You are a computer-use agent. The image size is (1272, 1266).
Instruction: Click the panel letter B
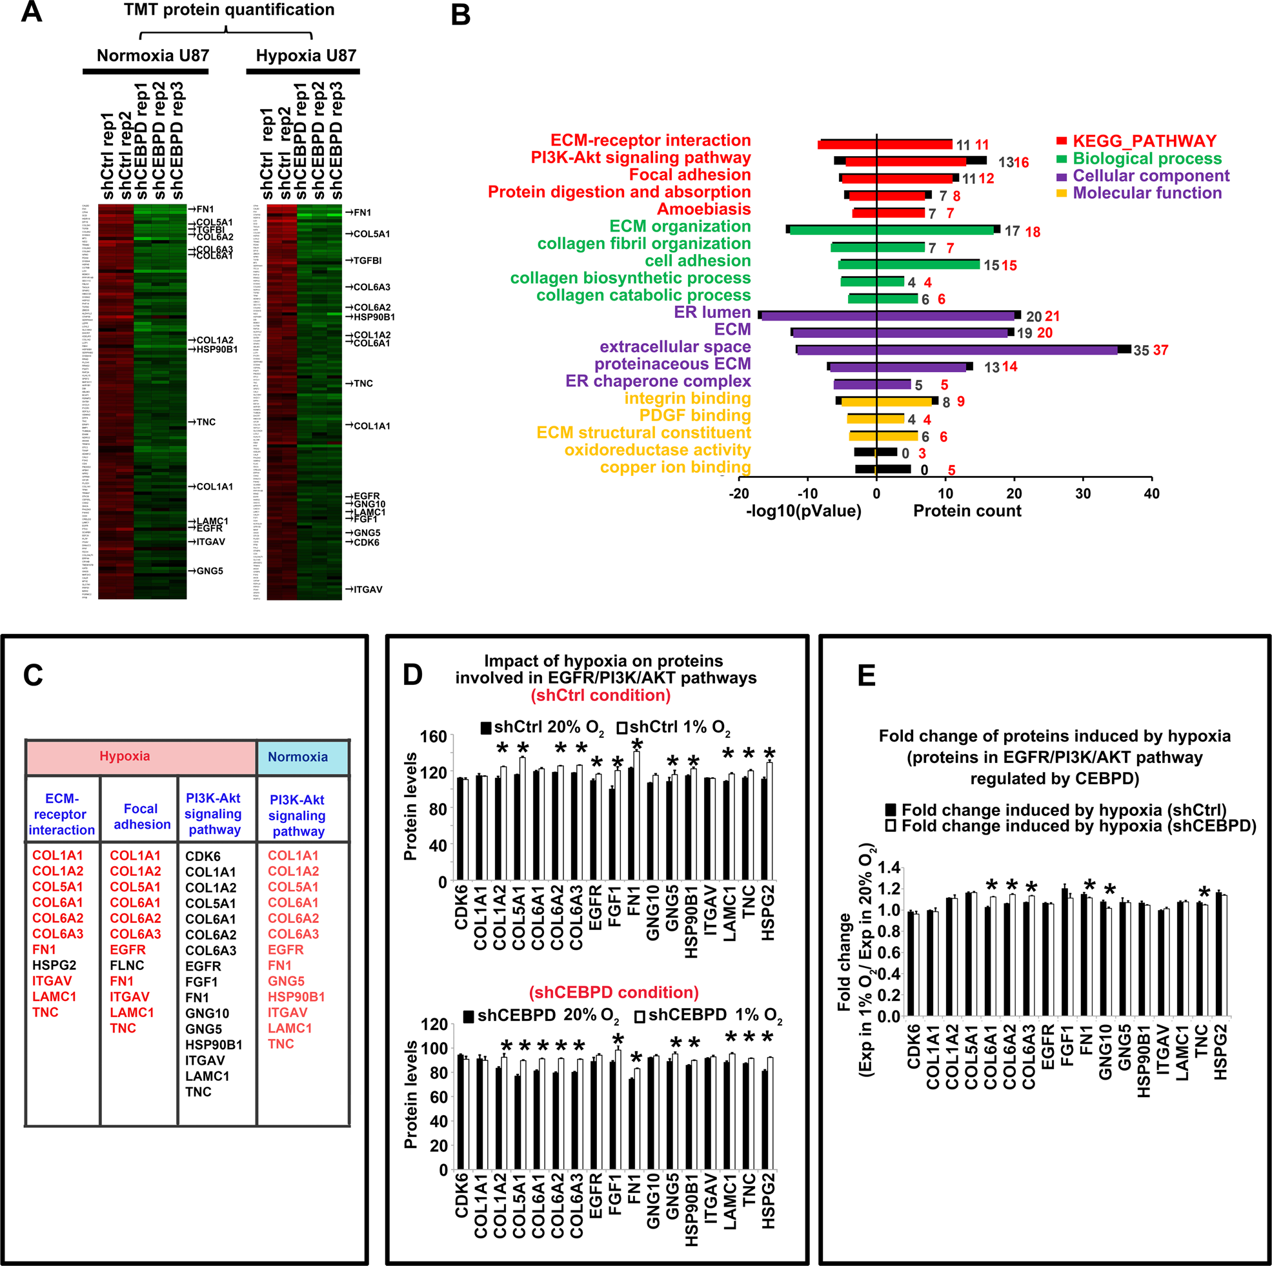pos(461,14)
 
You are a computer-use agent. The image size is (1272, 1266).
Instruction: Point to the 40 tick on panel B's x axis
pos(1151,493)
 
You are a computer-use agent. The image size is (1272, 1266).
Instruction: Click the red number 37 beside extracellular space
pos(1160,350)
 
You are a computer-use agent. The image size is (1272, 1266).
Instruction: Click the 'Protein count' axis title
pos(967,511)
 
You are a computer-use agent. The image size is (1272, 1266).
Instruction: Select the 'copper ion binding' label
pos(675,467)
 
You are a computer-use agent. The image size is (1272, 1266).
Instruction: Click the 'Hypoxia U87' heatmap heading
pos(305,55)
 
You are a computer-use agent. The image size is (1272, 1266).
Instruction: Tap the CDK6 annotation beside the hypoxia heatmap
pos(366,543)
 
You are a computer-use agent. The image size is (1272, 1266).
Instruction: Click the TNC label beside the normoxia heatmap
pos(205,422)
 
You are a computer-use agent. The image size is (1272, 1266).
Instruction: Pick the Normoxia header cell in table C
pos(298,757)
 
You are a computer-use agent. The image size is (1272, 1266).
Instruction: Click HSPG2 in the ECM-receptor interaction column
pos(54,965)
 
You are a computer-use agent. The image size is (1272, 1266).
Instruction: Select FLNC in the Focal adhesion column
pos(126,965)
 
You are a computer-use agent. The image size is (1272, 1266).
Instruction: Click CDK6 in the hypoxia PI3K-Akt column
pos(203,856)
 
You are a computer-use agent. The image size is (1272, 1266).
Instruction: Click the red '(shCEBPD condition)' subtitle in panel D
pos(614,993)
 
